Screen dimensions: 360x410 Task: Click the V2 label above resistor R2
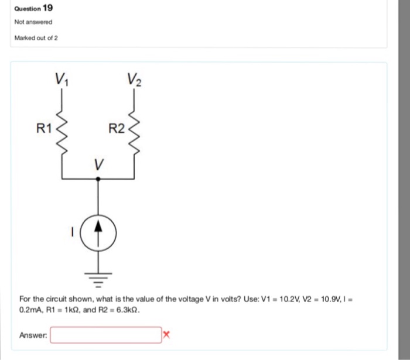[135, 78]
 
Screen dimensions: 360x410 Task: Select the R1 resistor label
[44, 127]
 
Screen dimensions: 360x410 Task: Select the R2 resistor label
[116, 128]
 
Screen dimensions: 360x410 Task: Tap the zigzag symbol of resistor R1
[62, 126]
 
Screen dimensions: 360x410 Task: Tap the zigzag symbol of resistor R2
[135, 127]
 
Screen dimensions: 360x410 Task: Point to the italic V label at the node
[98, 166]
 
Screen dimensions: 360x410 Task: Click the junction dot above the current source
[98, 180]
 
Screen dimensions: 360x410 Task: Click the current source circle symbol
[98, 231]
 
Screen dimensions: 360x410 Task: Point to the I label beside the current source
[73, 231]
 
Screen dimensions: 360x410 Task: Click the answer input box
[105, 335]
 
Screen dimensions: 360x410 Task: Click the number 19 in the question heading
[48, 8]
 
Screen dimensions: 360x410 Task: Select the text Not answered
[33, 22]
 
